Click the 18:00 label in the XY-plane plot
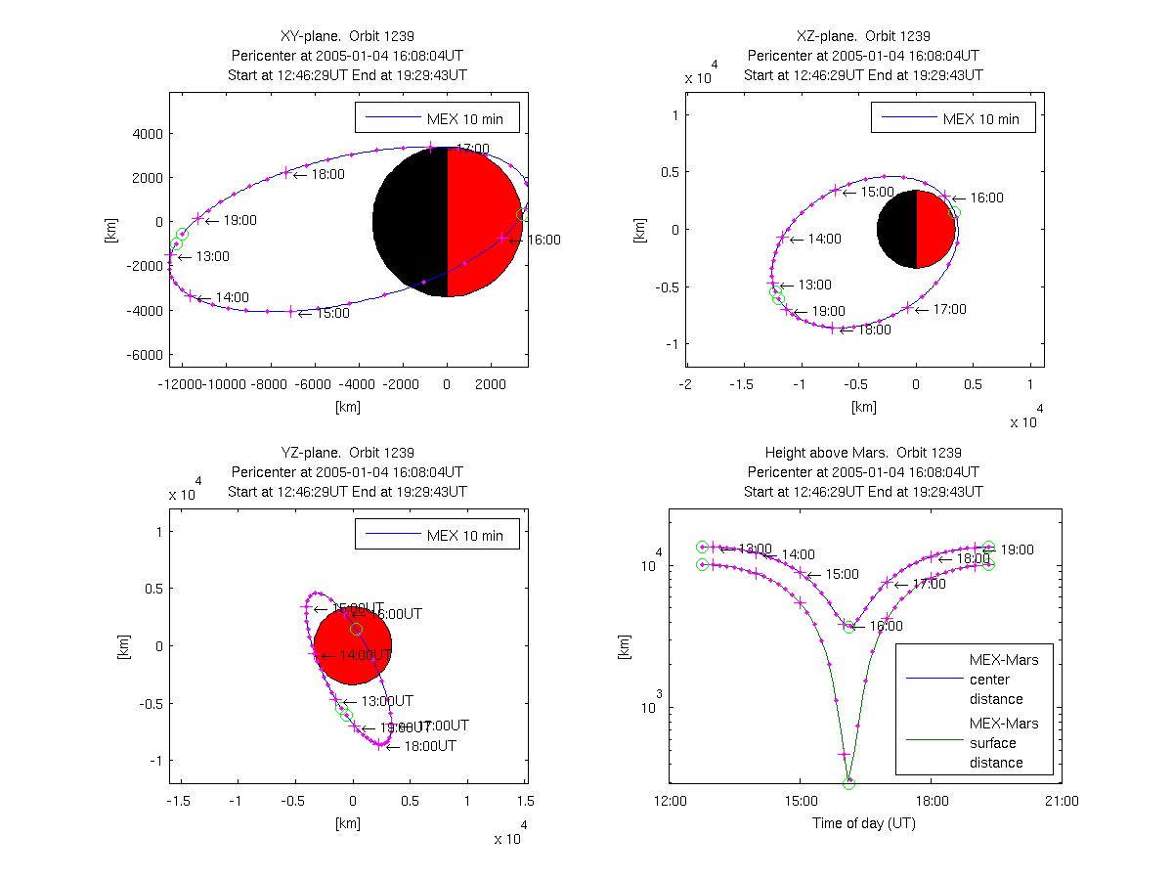pyautogui.click(x=327, y=175)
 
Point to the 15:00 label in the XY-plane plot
pyautogui.click(x=331, y=313)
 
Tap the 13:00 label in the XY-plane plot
pyautogui.click(x=213, y=257)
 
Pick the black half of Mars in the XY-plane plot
pyautogui.click(x=411, y=222)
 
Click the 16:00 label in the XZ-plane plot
pyautogui.click(x=986, y=198)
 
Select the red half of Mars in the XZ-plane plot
pyautogui.click(x=935, y=229)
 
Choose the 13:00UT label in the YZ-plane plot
pyautogui.click(x=386, y=701)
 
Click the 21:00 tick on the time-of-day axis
pyautogui.click(x=1062, y=801)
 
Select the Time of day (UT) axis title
pyautogui.click(x=864, y=822)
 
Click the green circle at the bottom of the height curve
pyautogui.click(x=848, y=783)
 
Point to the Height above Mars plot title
pyautogui.click(x=863, y=453)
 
